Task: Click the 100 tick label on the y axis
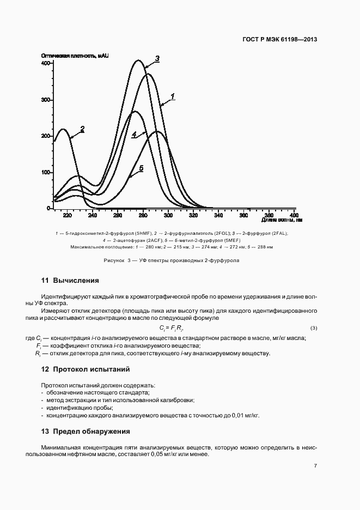pos(45,173)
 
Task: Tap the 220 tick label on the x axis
pos(68,216)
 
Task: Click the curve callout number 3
pos(157,58)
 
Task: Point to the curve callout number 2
pos(82,129)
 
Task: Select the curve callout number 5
pos(141,169)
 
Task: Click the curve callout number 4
pos(133,135)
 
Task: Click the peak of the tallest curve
pos(139,60)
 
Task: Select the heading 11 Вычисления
pos(70,281)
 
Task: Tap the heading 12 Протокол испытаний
pos(85,369)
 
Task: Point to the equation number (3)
pos(313,328)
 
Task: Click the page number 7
pos(316,465)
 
